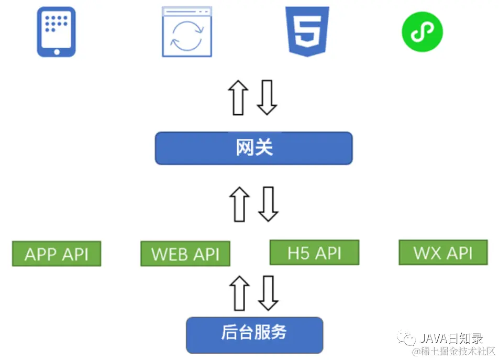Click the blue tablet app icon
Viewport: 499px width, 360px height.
(56, 31)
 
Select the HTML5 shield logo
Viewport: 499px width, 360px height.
(307, 31)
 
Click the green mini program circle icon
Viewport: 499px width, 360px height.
(422, 31)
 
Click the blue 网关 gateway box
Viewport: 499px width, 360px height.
(254, 148)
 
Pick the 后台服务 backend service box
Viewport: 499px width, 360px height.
(254, 333)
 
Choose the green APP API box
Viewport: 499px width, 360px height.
(57, 254)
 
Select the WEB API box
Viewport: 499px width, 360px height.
(185, 254)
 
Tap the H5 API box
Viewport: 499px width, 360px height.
(314, 253)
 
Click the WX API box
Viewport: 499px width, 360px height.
(443, 253)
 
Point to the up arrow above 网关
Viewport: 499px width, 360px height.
(238, 97)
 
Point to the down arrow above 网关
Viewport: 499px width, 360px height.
(267, 97)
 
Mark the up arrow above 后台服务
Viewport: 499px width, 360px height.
(239, 293)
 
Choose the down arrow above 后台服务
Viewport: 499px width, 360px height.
(268, 293)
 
